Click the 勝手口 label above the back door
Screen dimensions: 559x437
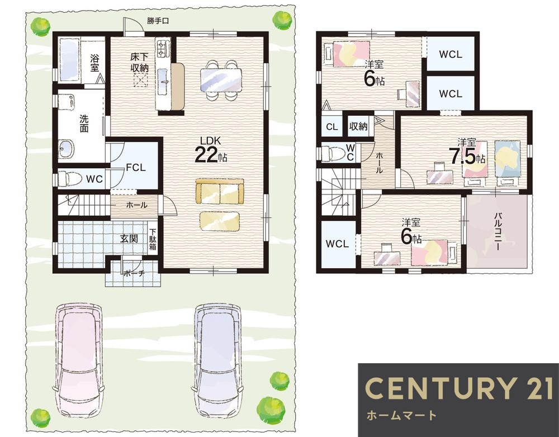pos(158,21)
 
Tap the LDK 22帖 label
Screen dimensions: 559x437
pos(211,150)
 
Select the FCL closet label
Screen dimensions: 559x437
pos(136,167)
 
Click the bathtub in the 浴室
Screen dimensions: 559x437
pos(68,60)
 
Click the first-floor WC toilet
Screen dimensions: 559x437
pos(68,178)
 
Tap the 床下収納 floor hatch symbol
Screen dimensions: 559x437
pos(140,80)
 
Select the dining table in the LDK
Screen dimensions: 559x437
pos(221,80)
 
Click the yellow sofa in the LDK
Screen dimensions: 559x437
pos(220,192)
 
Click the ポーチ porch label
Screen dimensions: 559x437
pos(134,274)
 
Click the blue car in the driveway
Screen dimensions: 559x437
pos(217,360)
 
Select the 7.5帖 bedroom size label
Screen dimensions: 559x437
pos(467,156)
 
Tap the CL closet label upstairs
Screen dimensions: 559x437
pos(331,126)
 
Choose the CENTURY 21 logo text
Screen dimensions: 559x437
pos(459,388)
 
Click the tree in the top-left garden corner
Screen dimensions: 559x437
pos(40,26)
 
